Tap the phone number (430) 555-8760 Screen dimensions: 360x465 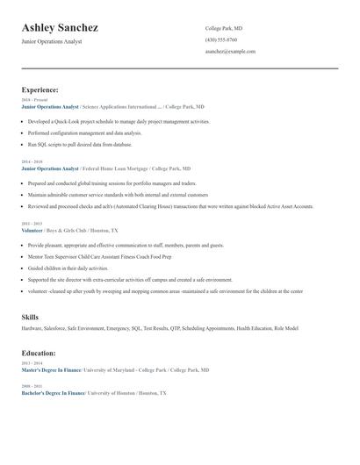[221, 39]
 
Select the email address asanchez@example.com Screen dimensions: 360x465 [230, 51]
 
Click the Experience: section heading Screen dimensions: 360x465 [40, 89]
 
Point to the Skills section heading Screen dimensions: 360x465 [30, 316]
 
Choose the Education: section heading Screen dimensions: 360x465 [39, 353]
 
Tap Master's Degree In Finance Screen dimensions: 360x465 [52, 370]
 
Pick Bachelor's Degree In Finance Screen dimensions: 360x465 [53, 393]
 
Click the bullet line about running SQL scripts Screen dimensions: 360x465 [80, 144]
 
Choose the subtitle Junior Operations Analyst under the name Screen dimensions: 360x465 [52, 41]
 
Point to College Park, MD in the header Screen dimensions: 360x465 [224, 28]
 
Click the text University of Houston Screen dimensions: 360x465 [111, 393]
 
